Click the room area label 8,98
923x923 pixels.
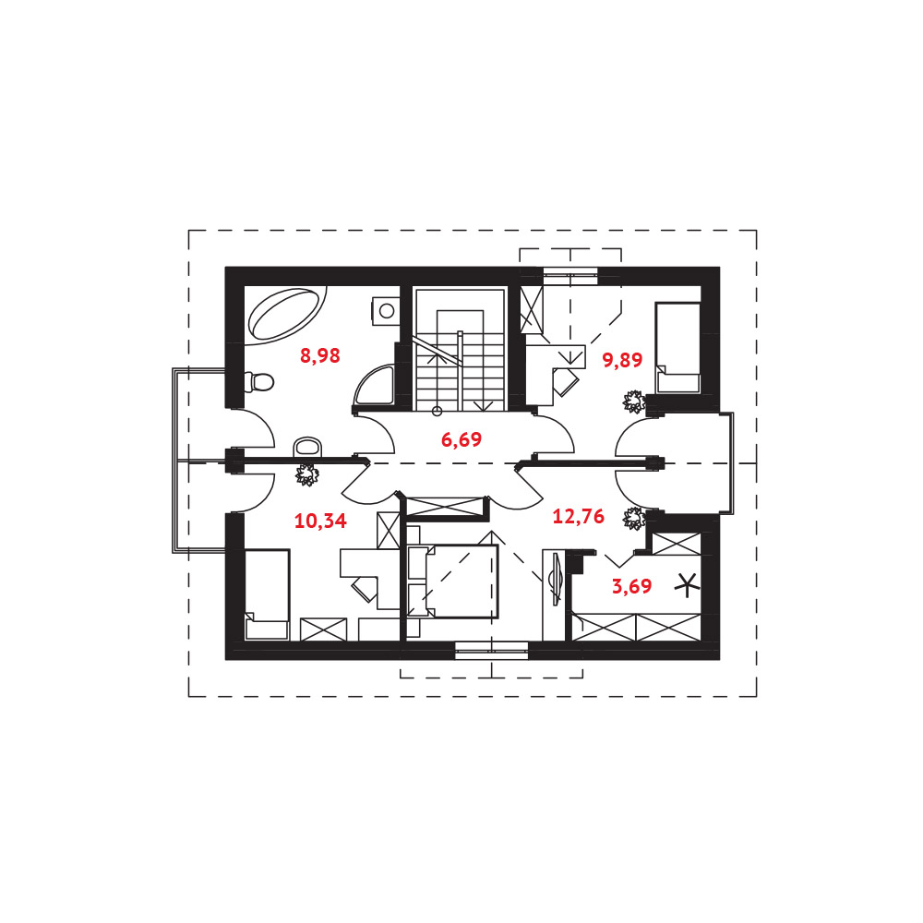(320, 355)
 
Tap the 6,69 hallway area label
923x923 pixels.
(461, 439)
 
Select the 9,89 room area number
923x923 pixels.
(622, 360)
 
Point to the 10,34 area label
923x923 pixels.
(321, 521)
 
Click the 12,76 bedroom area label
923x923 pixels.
(579, 516)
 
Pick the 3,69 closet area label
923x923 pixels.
(632, 586)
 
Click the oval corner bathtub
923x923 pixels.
(287, 313)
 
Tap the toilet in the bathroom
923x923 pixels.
(259, 383)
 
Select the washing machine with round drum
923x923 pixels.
(385, 310)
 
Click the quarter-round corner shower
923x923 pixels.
(375, 386)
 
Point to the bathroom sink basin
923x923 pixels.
(308, 447)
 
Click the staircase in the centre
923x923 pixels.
(460, 349)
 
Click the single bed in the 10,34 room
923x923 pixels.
(268, 594)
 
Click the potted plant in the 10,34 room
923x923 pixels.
(306, 474)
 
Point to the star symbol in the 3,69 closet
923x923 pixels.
(687, 586)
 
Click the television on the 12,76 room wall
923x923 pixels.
(556, 579)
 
